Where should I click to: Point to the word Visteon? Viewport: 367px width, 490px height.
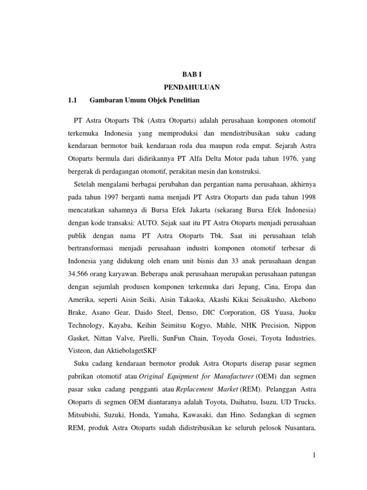click(x=80, y=352)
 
